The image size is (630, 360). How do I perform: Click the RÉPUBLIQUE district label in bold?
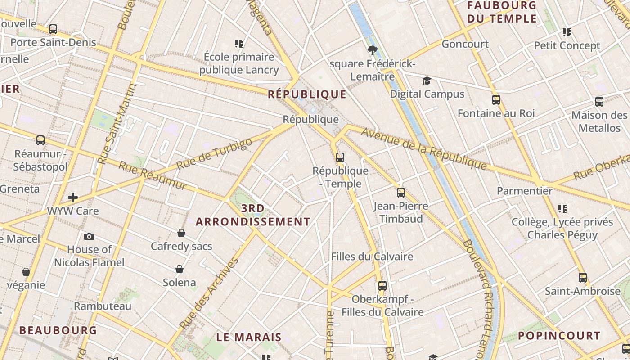(x=307, y=94)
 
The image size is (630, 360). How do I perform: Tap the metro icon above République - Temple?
(x=340, y=157)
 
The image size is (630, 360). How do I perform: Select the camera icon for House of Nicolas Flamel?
(x=89, y=236)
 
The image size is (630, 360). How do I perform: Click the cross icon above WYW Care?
(x=72, y=197)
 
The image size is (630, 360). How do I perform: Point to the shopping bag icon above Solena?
(x=180, y=269)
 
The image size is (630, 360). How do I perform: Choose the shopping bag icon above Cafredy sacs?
(x=181, y=233)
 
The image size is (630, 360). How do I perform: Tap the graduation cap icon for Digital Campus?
(x=426, y=81)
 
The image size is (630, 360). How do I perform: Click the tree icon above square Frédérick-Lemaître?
(x=372, y=50)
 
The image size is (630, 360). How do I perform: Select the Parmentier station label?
(x=524, y=191)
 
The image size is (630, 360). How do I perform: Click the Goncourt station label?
(x=465, y=44)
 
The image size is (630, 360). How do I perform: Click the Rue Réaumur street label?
(x=152, y=175)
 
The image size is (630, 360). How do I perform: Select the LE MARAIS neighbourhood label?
(x=249, y=337)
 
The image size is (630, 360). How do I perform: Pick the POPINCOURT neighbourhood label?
(x=559, y=336)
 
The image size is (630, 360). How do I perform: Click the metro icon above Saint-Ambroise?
(x=583, y=278)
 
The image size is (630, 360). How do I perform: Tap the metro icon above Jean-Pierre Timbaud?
(x=401, y=193)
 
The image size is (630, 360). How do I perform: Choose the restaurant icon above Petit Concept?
(x=567, y=32)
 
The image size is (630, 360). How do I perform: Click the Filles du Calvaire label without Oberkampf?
(x=372, y=256)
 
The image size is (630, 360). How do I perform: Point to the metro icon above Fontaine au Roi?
(x=496, y=100)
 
